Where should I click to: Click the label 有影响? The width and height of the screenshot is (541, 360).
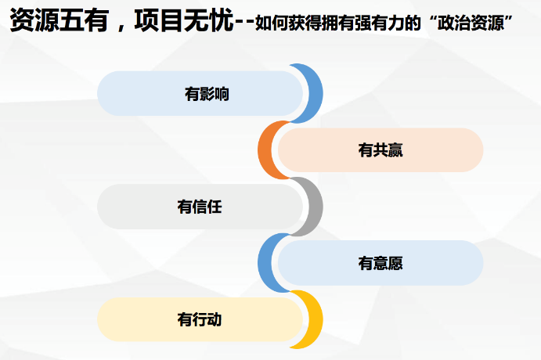207,94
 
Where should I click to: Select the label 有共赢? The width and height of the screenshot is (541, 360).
381,150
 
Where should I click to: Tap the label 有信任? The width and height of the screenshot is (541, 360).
200,207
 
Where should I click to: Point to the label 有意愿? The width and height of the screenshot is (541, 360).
381,263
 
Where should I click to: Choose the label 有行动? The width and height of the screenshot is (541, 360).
200,319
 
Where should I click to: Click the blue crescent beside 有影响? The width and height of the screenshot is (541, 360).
315,93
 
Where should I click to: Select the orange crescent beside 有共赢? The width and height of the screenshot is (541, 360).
265,150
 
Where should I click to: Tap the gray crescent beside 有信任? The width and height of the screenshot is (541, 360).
315,207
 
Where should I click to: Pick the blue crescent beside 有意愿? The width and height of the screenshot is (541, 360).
265,263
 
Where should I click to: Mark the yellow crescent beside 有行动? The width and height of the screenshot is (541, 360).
315,319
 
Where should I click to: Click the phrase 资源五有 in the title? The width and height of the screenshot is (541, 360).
60,20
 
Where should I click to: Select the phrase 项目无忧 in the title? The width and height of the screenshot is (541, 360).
184,20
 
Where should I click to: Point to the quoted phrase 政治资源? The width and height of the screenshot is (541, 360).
471,23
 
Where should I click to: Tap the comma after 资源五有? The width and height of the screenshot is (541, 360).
121,27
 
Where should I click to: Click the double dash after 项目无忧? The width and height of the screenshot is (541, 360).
244,23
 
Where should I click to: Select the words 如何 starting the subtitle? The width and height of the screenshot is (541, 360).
272,23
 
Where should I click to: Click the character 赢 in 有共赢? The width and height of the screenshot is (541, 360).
395,150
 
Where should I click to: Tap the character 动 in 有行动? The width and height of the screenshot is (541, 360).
215,319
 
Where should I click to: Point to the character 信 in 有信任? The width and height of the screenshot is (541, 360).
200,207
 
